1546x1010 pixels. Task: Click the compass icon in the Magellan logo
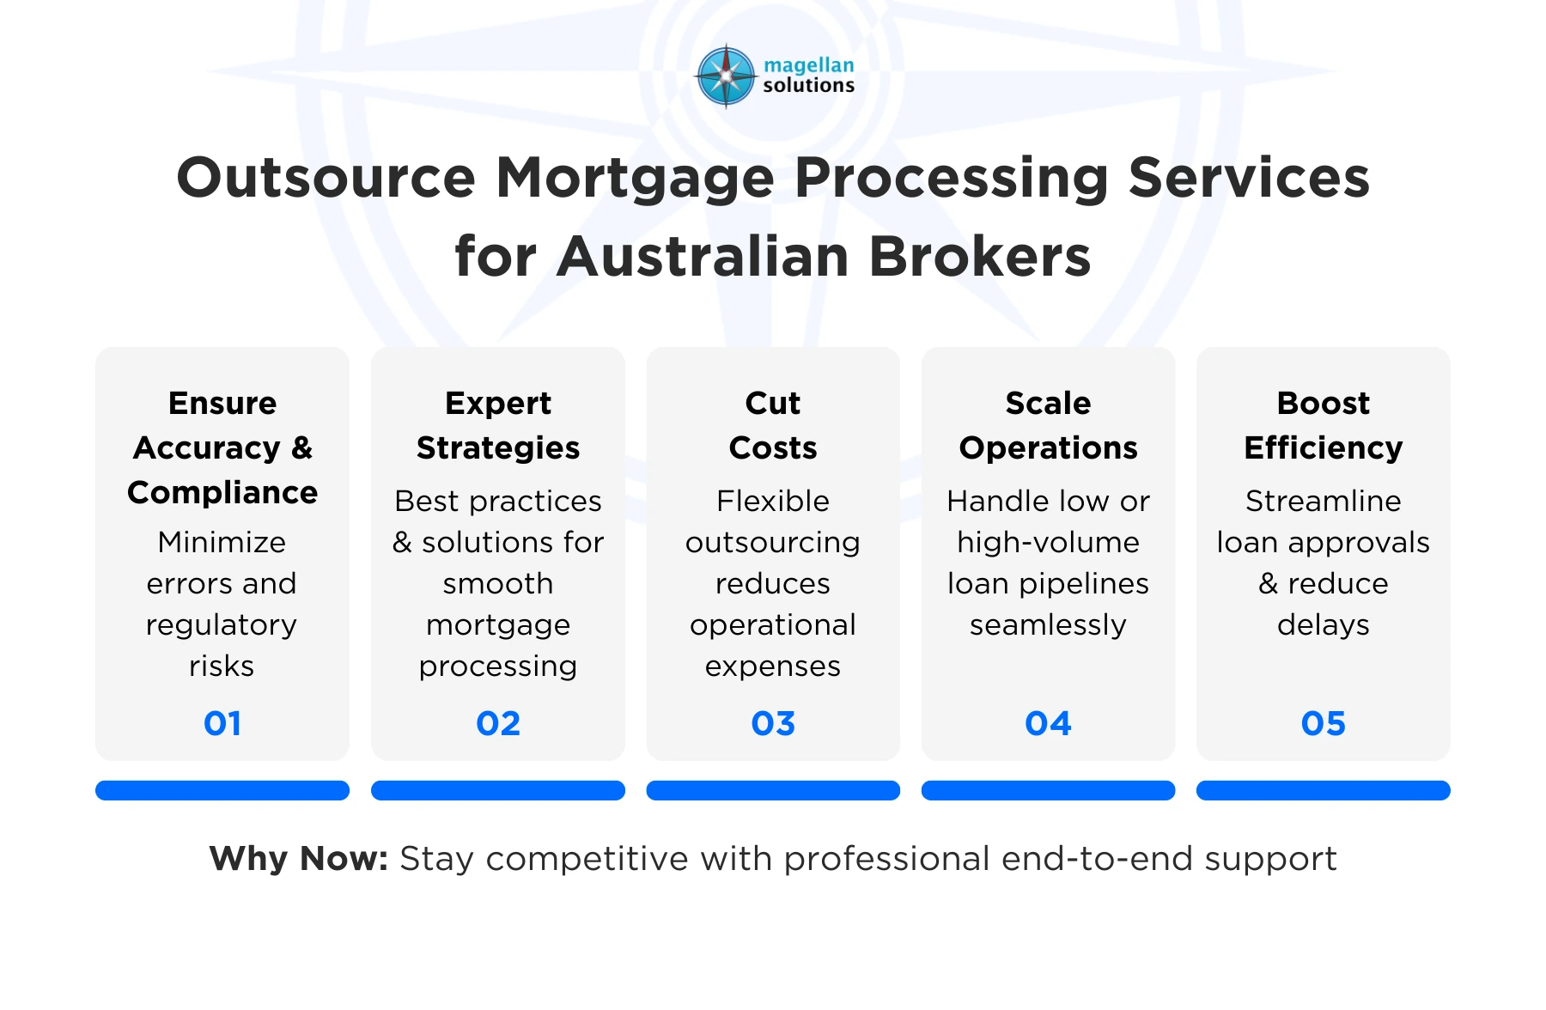click(x=726, y=76)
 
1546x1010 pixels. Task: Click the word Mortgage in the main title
click(x=635, y=178)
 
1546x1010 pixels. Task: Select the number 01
click(x=222, y=723)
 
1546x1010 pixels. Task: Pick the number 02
click(x=498, y=723)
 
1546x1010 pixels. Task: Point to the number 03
click(x=773, y=723)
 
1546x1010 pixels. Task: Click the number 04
click(x=1048, y=723)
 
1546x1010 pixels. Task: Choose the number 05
click(x=1323, y=723)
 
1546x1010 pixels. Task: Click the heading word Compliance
click(x=222, y=492)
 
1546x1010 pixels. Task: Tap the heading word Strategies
click(x=498, y=447)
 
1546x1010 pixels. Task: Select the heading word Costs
click(x=773, y=447)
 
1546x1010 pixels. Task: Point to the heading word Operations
click(x=1048, y=447)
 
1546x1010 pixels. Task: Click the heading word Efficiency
click(x=1323, y=447)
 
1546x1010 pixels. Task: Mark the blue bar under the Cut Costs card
click(x=773, y=790)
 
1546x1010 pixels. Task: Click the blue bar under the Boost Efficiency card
click(x=1323, y=790)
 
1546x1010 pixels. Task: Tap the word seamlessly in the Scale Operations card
click(x=1048, y=624)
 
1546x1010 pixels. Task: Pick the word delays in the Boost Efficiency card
click(x=1323, y=624)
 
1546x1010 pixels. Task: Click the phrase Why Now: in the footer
click(x=299, y=858)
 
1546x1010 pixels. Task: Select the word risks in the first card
click(x=222, y=666)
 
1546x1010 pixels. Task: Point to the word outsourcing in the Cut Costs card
click(x=773, y=542)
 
